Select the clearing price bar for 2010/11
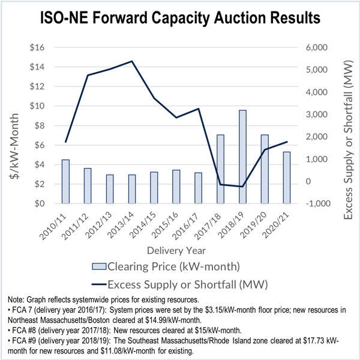(65, 182)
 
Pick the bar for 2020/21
(287, 178)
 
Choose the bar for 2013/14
(132, 189)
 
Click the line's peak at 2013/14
(132, 61)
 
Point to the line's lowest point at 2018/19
(242, 187)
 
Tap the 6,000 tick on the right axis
(317, 48)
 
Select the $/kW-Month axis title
(14, 126)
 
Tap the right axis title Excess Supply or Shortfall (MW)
(346, 126)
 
